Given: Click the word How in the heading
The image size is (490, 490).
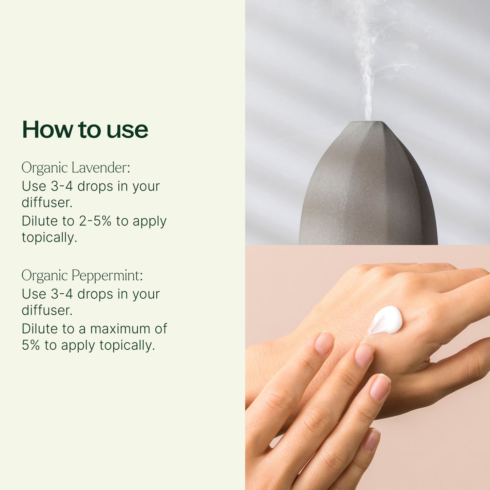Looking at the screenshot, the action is (47, 130).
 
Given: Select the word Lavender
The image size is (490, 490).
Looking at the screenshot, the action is (101, 168).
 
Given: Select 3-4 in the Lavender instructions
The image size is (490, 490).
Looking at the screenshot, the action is (62, 186).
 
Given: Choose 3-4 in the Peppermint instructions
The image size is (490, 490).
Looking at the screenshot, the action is (62, 294).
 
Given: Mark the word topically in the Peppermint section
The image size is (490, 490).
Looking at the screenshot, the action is (127, 345).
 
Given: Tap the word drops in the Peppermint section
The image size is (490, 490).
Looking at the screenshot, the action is (95, 294).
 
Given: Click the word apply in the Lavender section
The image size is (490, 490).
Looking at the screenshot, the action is (150, 221).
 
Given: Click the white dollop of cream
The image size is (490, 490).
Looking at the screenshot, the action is (386, 320).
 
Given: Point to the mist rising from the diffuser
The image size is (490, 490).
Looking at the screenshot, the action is (369, 63).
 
